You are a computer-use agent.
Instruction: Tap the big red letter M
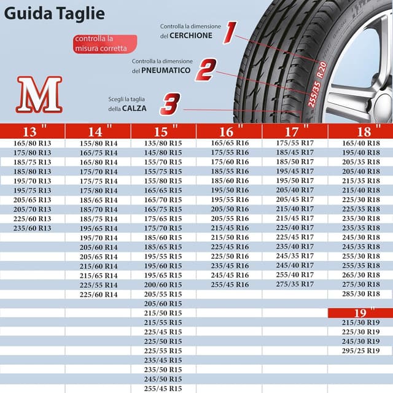pyautogui.click(x=39, y=95)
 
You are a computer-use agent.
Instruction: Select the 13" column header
pyautogui.click(x=33, y=131)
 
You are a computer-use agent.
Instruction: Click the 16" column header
pyautogui.click(x=229, y=131)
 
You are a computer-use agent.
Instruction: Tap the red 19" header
pyautogui.click(x=360, y=313)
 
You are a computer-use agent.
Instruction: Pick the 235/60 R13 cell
pyautogui.click(x=33, y=228)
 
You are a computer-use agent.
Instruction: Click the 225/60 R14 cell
pyautogui.click(x=98, y=294)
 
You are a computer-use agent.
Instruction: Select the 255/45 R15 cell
pyautogui.click(x=163, y=389)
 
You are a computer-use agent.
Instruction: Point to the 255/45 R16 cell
pyautogui.click(x=229, y=284)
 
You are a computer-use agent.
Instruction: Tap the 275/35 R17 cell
pyautogui.click(x=295, y=284)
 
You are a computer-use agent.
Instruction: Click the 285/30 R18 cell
pyautogui.click(x=360, y=294)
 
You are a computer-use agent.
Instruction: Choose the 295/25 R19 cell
pyautogui.click(x=360, y=351)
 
